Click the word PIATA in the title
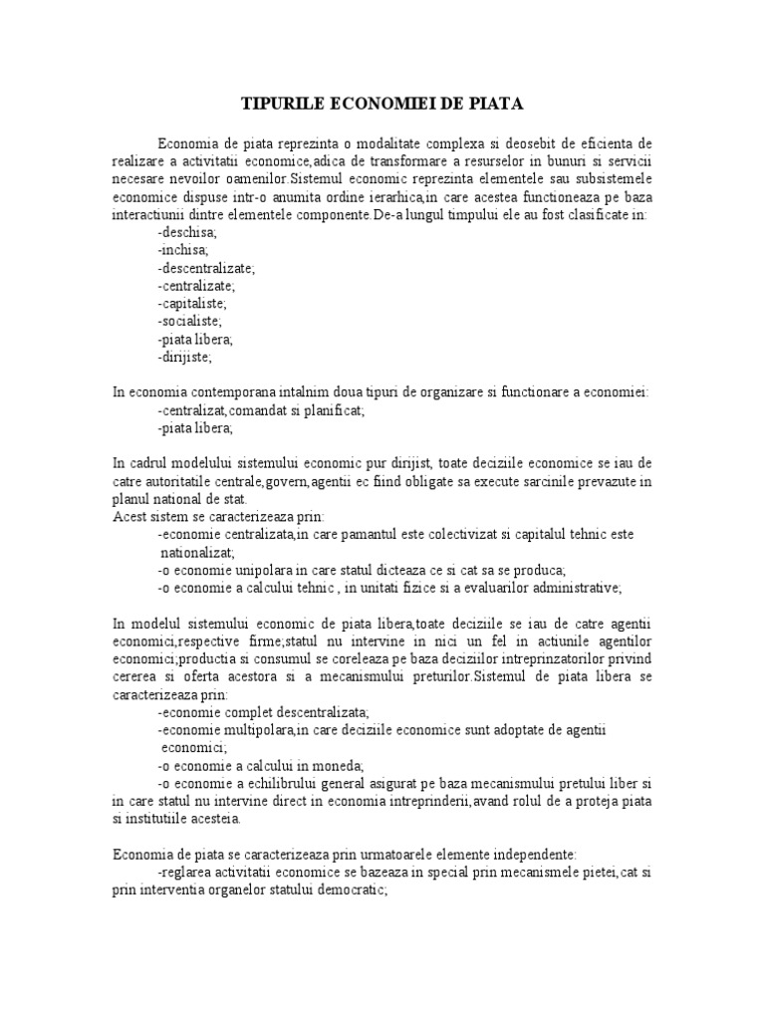tap(495, 103)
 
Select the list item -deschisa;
tap(187, 232)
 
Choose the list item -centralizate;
tap(196, 286)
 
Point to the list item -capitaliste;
tap(193, 304)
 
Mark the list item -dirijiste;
tap(185, 357)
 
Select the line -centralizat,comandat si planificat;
tap(261, 410)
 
